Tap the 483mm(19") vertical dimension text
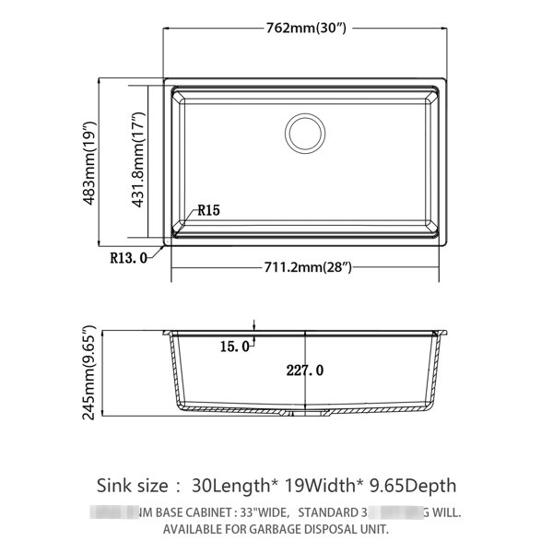point(89,163)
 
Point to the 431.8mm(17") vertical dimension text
point(139,163)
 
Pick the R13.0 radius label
point(128,258)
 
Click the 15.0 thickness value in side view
point(234,347)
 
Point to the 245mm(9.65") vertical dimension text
point(89,371)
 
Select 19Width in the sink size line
point(320,485)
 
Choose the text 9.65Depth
point(411,485)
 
